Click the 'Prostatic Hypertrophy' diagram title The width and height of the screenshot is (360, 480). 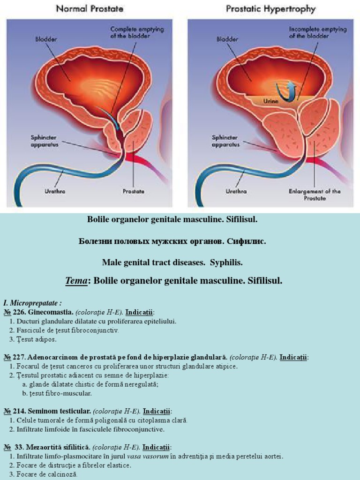point(270,8)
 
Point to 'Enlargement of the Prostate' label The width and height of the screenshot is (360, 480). point(315,195)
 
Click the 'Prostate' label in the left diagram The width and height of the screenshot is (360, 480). point(133,191)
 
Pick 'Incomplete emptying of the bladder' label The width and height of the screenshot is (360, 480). point(317,33)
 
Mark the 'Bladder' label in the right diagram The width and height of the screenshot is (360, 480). point(227,40)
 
